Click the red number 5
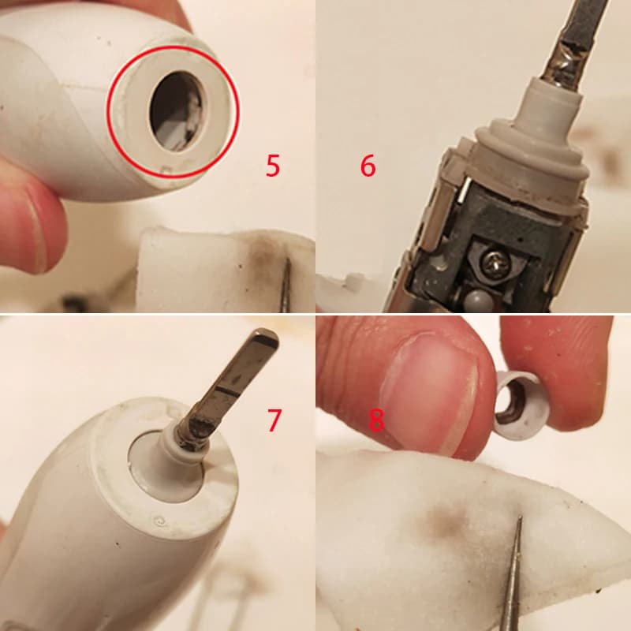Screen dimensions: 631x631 coord(272,166)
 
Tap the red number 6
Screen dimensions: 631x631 coord(368,166)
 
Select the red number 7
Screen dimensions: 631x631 coord(273,420)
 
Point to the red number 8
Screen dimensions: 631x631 coord(376,421)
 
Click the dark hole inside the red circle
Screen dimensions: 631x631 coord(176,111)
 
